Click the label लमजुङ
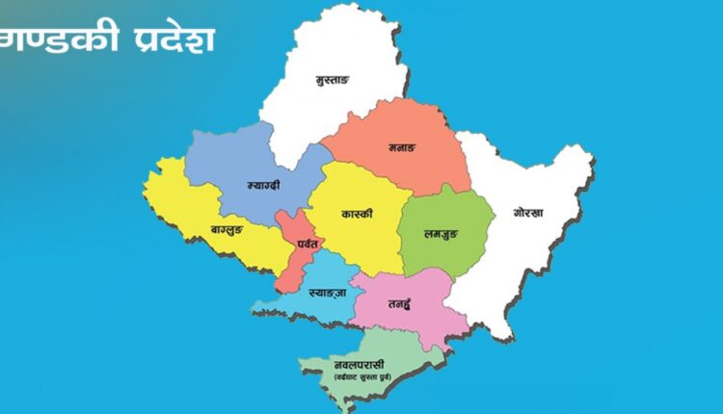click(x=441, y=232)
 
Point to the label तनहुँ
click(x=401, y=302)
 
